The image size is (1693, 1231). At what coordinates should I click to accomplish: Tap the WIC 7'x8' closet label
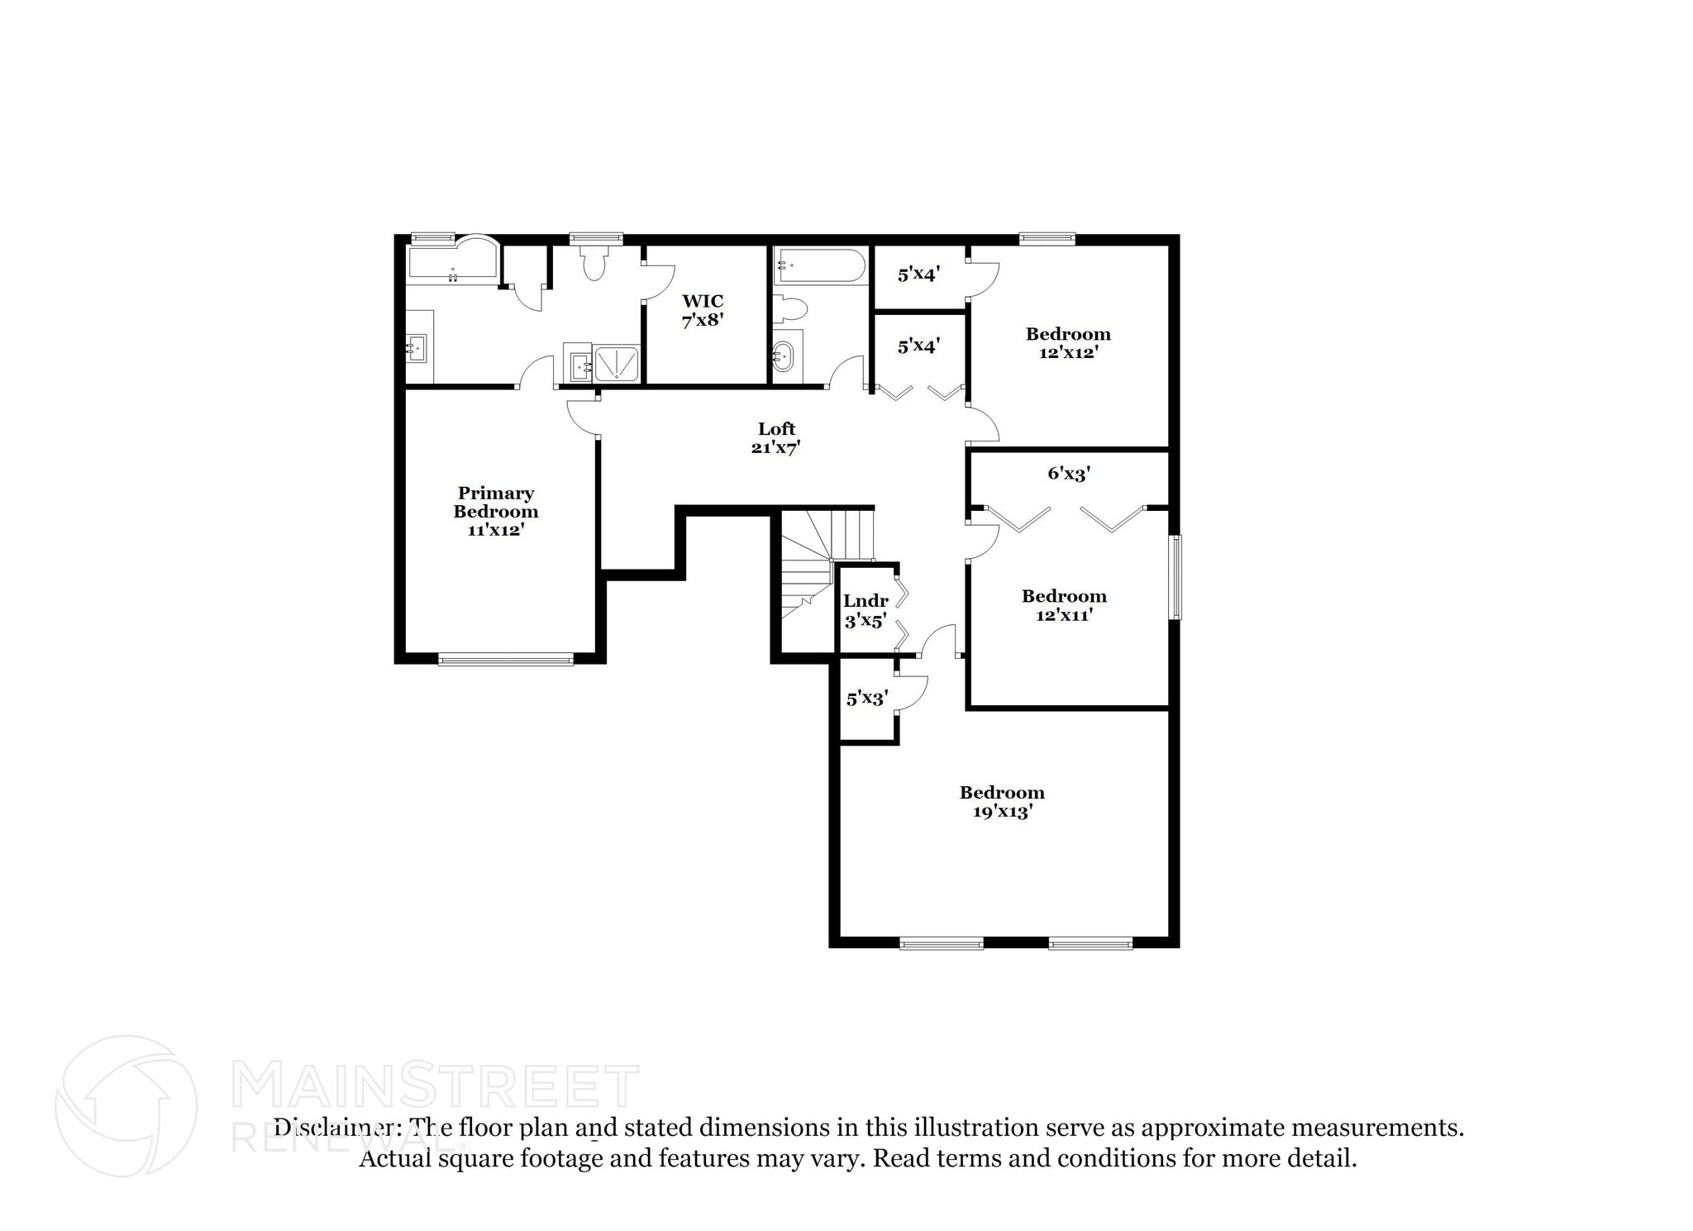tap(703, 310)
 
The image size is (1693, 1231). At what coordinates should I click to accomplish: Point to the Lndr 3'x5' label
tap(865, 610)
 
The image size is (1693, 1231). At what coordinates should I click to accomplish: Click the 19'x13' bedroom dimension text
tap(1002, 812)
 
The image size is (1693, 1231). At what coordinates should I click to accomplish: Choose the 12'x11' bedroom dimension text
tap(1064, 615)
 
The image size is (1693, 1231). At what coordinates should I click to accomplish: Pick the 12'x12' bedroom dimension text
tap(1068, 352)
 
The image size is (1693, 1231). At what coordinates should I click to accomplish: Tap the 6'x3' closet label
tap(1069, 474)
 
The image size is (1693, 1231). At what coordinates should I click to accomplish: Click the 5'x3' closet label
tap(866, 699)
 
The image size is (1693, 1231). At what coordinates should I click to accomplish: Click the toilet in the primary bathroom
tap(594, 263)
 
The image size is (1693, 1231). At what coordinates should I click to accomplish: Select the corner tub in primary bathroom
tap(453, 260)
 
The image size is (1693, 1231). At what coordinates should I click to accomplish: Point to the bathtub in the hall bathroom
tap(819, 266)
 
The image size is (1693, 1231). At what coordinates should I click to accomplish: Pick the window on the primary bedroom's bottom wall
tap(505, 659)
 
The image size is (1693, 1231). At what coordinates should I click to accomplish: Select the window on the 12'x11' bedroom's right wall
tap(1175, 577)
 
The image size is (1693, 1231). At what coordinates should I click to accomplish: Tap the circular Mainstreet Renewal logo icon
tap(126, 1105)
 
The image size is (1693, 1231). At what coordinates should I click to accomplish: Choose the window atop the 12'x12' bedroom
tap(1047, 240)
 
